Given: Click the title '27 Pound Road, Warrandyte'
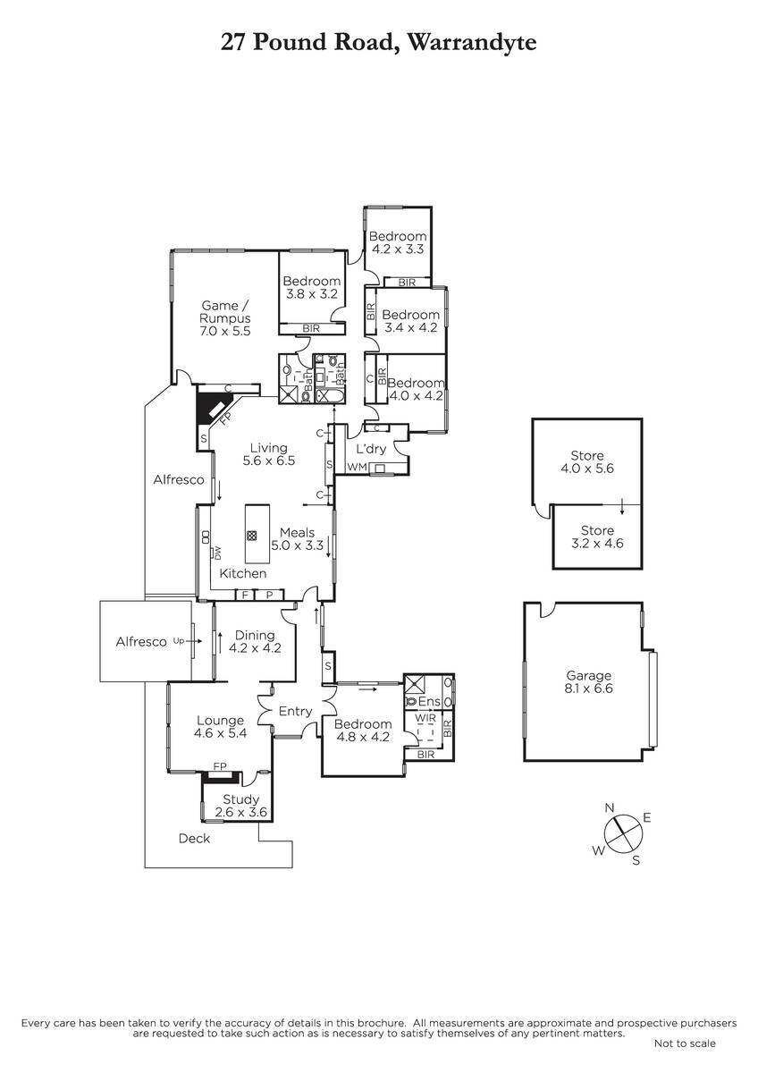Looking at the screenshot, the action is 378,43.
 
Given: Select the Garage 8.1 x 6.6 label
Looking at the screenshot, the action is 588,682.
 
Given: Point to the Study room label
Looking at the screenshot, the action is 240,799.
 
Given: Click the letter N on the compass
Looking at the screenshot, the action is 609,808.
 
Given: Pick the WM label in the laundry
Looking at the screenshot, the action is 357,467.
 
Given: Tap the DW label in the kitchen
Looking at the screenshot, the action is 217,553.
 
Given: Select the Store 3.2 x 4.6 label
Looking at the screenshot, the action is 597,537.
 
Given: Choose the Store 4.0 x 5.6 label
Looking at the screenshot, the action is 587,461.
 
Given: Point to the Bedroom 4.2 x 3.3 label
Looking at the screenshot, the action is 398,242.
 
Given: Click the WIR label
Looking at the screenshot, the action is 425,719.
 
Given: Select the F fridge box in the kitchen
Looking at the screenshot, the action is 245,595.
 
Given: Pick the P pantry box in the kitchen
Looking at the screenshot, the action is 269,595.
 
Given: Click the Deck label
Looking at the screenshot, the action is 194,839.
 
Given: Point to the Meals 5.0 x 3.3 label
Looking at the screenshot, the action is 298,539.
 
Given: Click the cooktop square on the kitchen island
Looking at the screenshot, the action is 252,536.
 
